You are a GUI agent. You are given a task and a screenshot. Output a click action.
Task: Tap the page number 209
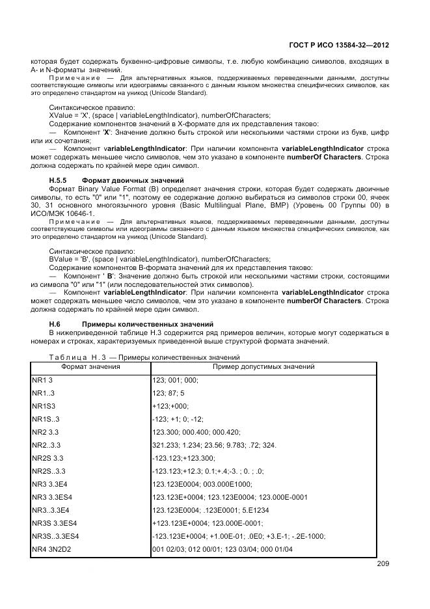pyautogui.click(x=382, y=563)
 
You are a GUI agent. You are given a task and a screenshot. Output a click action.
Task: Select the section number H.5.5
pyautogui.click(x=59, y=180)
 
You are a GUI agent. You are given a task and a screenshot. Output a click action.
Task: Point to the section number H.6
pyautogui.click(x=55, y=323)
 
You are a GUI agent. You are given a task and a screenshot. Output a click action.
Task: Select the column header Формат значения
pyautogui.click(x=90, y=367)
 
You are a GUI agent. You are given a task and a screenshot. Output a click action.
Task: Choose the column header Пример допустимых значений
pyautogui.click(x=263, y=367)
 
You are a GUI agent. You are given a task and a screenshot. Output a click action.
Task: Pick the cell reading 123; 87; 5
pyautogui.click(x=168, y=393)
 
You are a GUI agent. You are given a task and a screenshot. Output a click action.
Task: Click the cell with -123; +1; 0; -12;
pyautogui.click(x=176, y=419)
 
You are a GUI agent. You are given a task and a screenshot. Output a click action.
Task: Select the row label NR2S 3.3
pyautogui.click(x=48, y=458)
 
